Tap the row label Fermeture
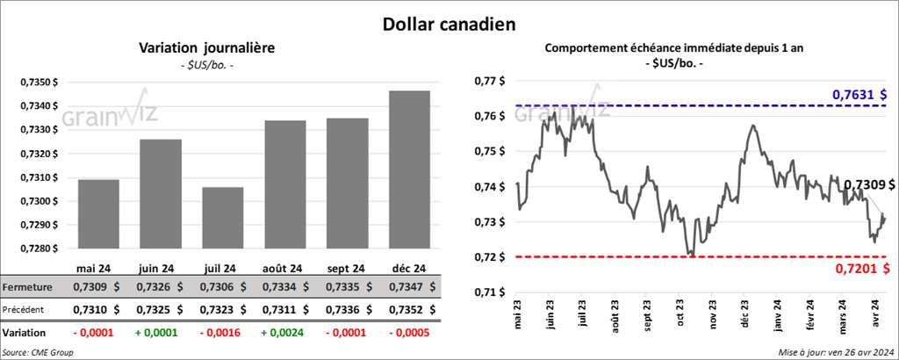click(26, 287)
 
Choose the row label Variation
click(25, 334)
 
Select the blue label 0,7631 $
click(859, 94)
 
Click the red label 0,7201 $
click(859, 268)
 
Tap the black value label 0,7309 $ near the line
click(869, 185)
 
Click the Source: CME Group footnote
click(39, 352)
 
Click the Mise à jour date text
click(835, 352)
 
